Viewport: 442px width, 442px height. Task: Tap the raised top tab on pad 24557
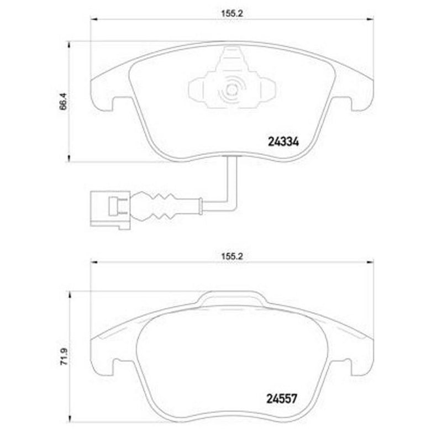pyautogui.click(x=230, y=298)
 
